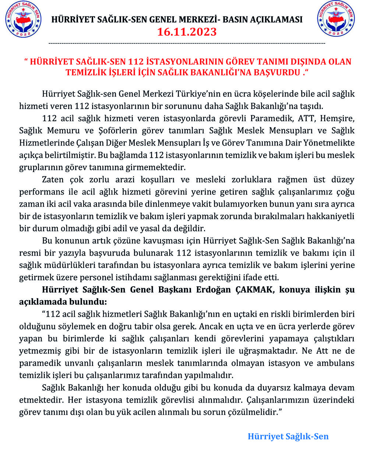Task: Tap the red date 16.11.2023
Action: pyautogui.click(x=187, y=32)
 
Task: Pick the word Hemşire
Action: pyautogui.click(x=339, y=118)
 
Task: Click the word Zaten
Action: pyautogui.click(x=53, y=180)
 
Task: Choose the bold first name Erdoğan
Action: pyautogui.click(x=213, y=290)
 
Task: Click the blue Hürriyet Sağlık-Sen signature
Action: pyautogui.click(x=288, y=437)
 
